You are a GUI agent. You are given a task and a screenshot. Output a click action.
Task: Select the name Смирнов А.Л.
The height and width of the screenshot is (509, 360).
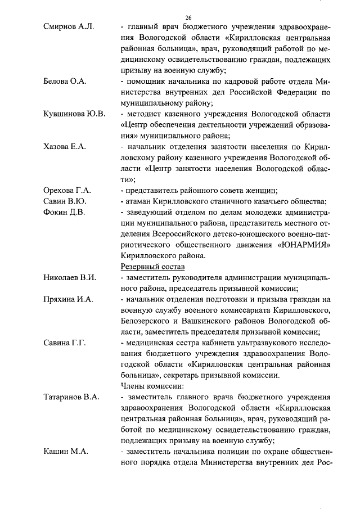pos(68,26)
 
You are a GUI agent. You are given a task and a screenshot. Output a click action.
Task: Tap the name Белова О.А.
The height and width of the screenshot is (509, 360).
pos(65,81)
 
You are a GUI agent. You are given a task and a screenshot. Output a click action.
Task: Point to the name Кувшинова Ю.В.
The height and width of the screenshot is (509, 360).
pos(74,114)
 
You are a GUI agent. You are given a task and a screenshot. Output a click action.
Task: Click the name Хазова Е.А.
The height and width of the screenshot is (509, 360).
pos(65,147)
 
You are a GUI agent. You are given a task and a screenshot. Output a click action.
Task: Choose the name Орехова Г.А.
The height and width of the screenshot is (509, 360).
pos(67,191)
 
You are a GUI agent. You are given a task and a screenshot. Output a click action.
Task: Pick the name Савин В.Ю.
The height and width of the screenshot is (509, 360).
pos(65,201)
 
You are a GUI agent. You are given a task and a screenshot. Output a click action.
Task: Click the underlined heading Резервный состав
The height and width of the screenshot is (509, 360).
pos(152,267)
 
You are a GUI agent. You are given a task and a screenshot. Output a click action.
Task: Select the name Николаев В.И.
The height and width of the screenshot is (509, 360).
pos(70,278)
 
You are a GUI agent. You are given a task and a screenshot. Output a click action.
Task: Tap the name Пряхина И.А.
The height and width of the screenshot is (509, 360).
pos(68,299)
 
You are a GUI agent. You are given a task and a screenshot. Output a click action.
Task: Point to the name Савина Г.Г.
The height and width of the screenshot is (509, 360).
pos(65,343)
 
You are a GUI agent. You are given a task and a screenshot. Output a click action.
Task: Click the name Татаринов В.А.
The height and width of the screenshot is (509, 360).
pos(71,397)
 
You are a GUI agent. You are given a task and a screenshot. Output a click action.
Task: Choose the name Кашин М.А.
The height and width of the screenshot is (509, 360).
pos(64,452)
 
